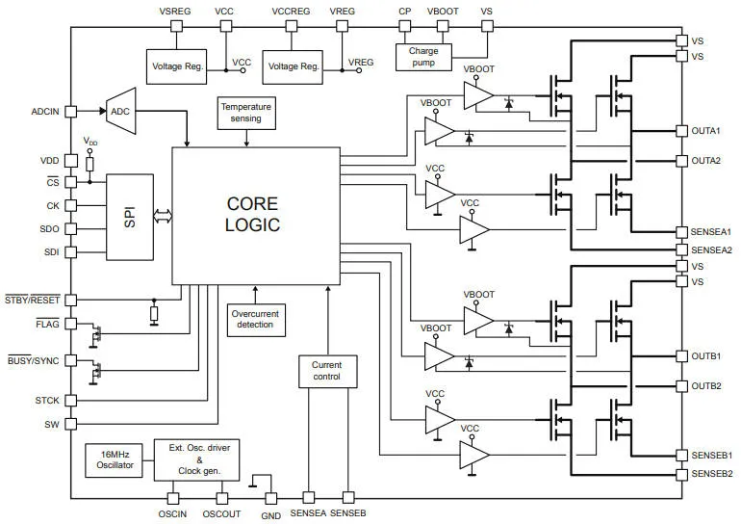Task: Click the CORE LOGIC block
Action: [x=256, y=216]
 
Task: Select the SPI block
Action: [x=130, y=217]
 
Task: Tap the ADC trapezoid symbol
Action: [x=121, y=111]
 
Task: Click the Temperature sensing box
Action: [x=246, y=113]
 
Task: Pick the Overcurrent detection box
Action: [x=256, y=320]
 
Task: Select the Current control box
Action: [x=328, y=371]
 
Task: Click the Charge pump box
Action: [x=423, y=57]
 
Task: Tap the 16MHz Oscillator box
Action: [x=114, y=460]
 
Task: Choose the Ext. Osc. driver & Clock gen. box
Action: [x=196, y=460]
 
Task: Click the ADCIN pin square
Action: [x=70, y=112]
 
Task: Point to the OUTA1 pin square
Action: [x=681, y=131]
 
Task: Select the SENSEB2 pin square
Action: [x=681, y=474]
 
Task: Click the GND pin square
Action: [x=270, y=498]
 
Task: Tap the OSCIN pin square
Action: [x=173, y=498]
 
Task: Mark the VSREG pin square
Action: [x=176, y=26]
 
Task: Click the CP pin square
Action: [x=405, y=26]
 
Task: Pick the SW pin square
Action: [x=70, y=424]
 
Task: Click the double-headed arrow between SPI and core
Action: [x=163, y=216]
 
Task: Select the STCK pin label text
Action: [x=47, y=401]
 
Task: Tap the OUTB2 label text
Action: [x=706, y=386]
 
